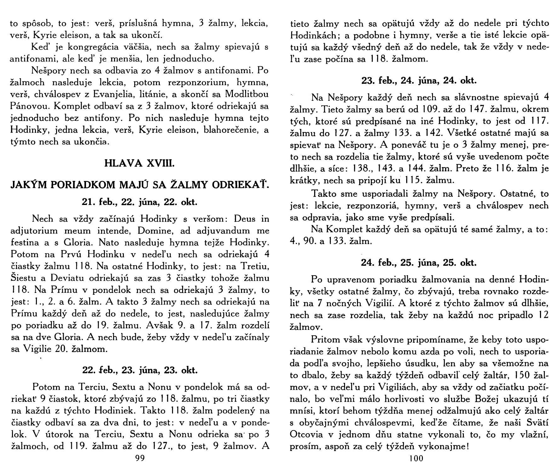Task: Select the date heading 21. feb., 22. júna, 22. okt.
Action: (x=140, y=202)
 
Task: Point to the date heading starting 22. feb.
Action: (x=140, y=370)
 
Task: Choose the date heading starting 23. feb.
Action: (x=419, y=81)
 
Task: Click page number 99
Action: (x=139, y=458)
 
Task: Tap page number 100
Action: (x=417, y=458)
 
